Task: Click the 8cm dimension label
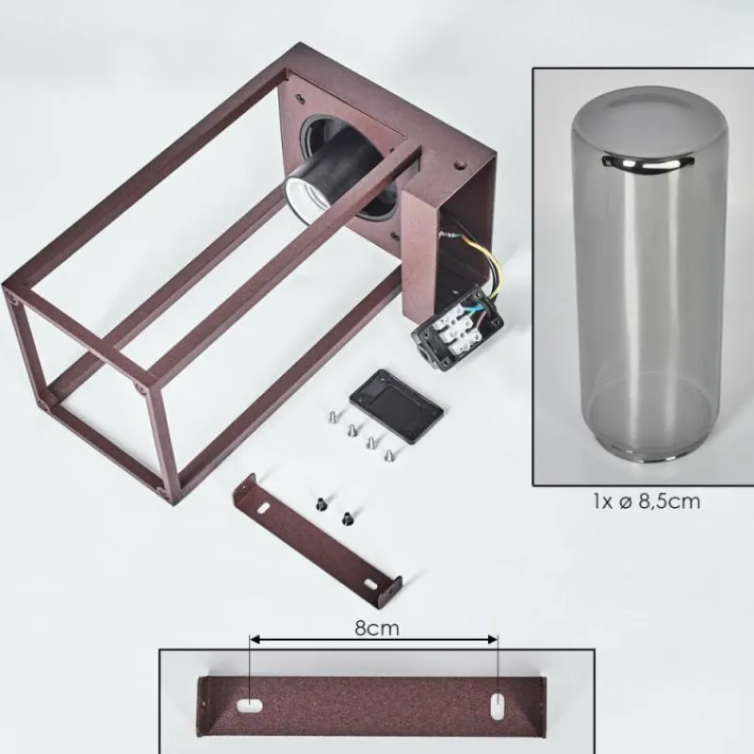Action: click(x=377, y=629)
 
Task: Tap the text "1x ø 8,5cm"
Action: click(x=647, y=502)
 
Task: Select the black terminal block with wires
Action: click(x=457, y=327)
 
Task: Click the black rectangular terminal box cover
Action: click(x=397, y=406)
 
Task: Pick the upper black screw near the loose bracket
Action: click(x=320, y=503)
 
